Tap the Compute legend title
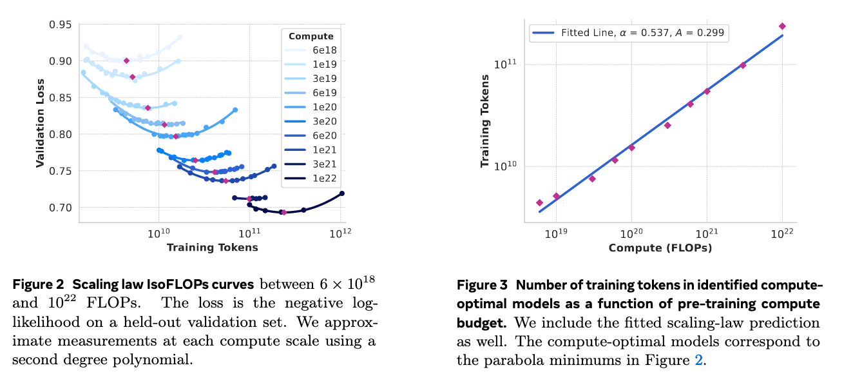pos(311,36)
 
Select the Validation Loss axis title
pos(40,124)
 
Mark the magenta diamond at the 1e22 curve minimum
pos(283,212)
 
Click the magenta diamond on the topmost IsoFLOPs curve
pos(127,61)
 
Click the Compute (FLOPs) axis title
pos(660,248)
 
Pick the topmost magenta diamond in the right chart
pos(782,26)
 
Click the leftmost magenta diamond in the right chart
pos(540,202)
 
